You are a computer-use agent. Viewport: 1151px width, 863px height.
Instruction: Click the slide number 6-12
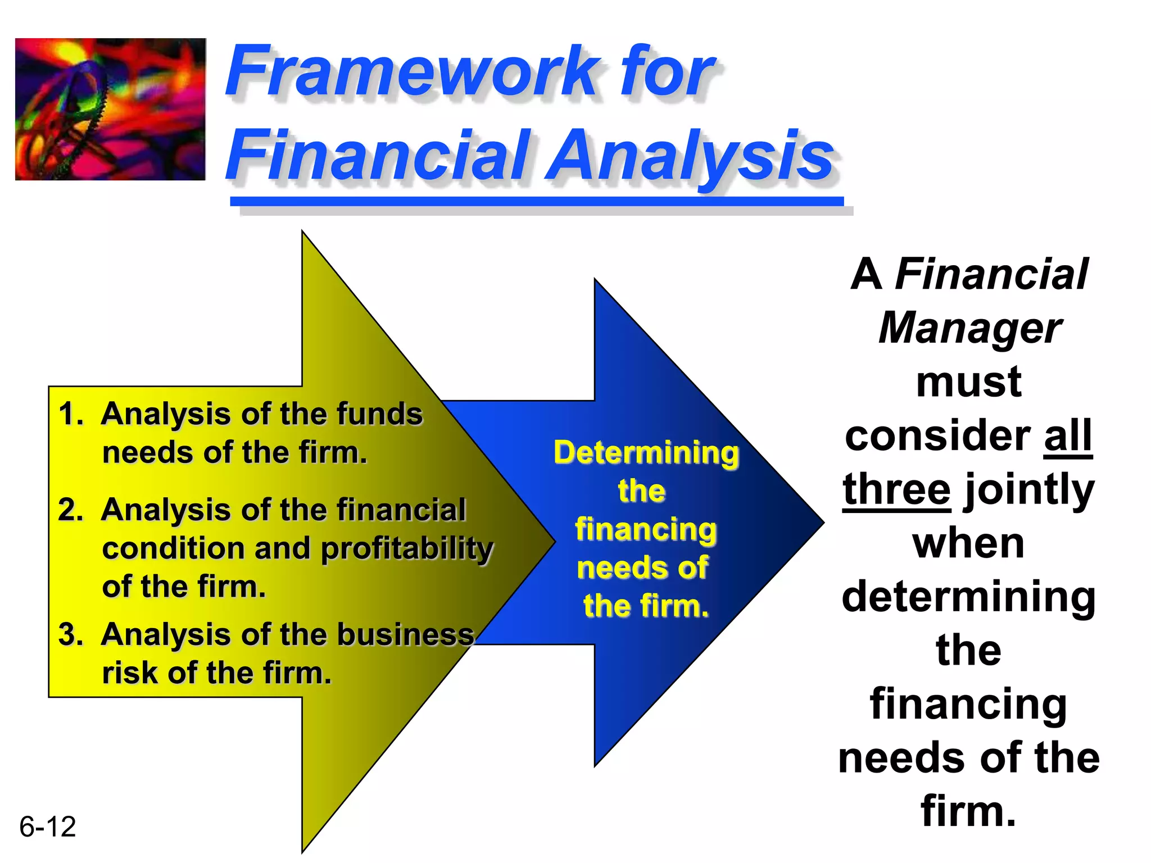coord(48,827)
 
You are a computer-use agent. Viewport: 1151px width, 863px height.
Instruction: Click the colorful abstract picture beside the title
coord(110,109)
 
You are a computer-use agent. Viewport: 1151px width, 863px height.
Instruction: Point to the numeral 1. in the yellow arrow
coord(70,414)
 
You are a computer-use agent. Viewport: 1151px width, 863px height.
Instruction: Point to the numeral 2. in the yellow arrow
coord(70,510)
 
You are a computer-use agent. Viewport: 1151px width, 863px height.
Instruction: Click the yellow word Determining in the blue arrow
coord(646,453)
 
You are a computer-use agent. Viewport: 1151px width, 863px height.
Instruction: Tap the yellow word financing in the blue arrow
coord(646,530)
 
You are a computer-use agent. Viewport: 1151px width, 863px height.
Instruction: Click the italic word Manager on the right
coord(969,329)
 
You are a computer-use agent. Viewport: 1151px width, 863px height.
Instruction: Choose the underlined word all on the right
coord(1067,436)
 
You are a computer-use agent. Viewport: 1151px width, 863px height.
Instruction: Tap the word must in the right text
coord(968,382)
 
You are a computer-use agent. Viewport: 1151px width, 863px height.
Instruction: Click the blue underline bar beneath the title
coord(537,201)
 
